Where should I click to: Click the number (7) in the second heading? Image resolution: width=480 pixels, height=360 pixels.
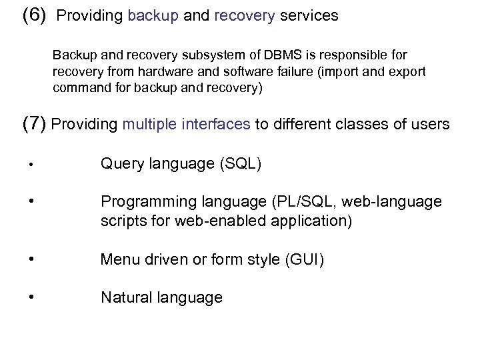click(x=35, y=124)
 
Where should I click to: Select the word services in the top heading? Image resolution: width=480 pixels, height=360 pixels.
click(x=309, y=16)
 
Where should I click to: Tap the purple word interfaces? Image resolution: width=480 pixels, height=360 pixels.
click(x=218, y=124)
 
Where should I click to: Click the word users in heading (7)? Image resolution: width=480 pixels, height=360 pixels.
click(x=428, y=124)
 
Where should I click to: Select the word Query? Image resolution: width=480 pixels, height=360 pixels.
click(x=120, y=163)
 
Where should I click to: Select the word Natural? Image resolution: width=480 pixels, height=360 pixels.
click(x=124, y=297)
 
